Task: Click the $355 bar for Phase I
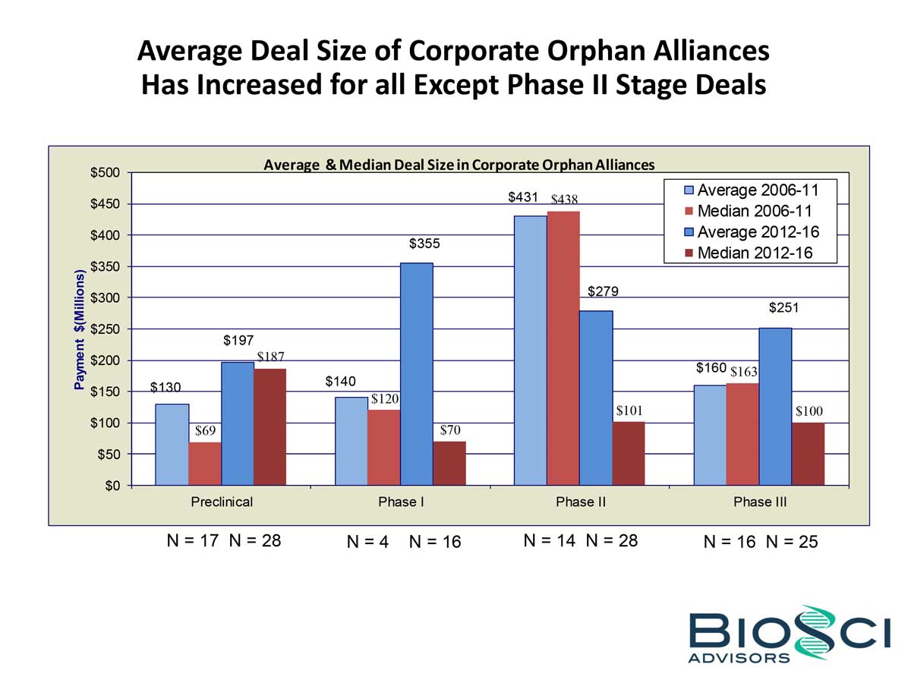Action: (417, 373)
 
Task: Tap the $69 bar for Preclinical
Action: (205, 463)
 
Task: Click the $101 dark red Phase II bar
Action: (629, 453)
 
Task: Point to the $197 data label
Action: (238, 341)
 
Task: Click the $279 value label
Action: (603, 291)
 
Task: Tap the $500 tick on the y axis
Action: (106, 173)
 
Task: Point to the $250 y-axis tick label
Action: (106, 329)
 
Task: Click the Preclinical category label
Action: (222, 502)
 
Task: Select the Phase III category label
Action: (760, 502)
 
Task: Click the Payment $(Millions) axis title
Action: (79, 329)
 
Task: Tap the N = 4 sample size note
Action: (367, 542)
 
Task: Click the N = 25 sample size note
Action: (792, 542)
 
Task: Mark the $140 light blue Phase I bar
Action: (351, 440)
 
